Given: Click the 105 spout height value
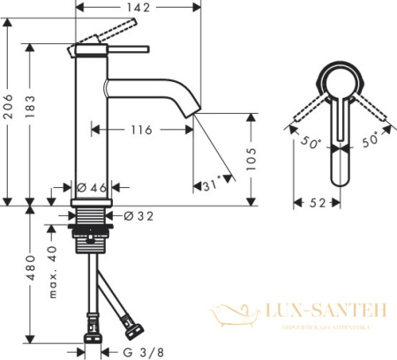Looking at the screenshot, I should pos(251,156).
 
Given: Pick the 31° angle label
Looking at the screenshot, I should pos(210,186).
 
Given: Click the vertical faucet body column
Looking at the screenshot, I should pos(90,132).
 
